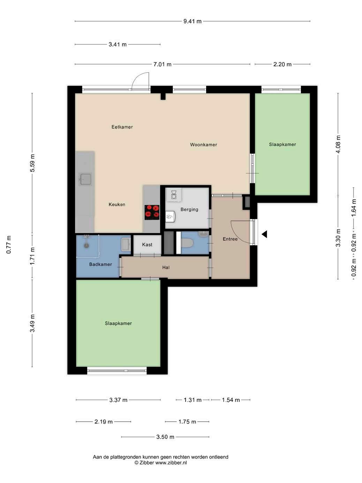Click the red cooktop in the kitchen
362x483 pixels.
click(152, 212)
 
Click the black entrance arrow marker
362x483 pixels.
click(264, 234)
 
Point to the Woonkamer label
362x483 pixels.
click(204, 144)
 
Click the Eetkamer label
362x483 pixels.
click(122, 127)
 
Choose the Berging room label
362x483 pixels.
click(189, 209)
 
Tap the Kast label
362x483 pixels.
click(147, 245)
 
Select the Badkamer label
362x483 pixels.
click(100, 264)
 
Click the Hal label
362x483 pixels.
click(166, 267)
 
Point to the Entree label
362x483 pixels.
click(230, 239)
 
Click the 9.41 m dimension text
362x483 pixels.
click(192, 21)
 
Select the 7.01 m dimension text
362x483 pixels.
click(162, 64)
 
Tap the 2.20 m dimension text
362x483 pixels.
click(282, 64)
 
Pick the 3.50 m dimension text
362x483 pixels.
click(165, 437)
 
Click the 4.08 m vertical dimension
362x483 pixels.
click(338, 144)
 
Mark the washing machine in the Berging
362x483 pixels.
click(174, 194)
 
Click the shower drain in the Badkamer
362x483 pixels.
click(86, 246)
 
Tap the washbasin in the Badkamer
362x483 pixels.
click(126, 244)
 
